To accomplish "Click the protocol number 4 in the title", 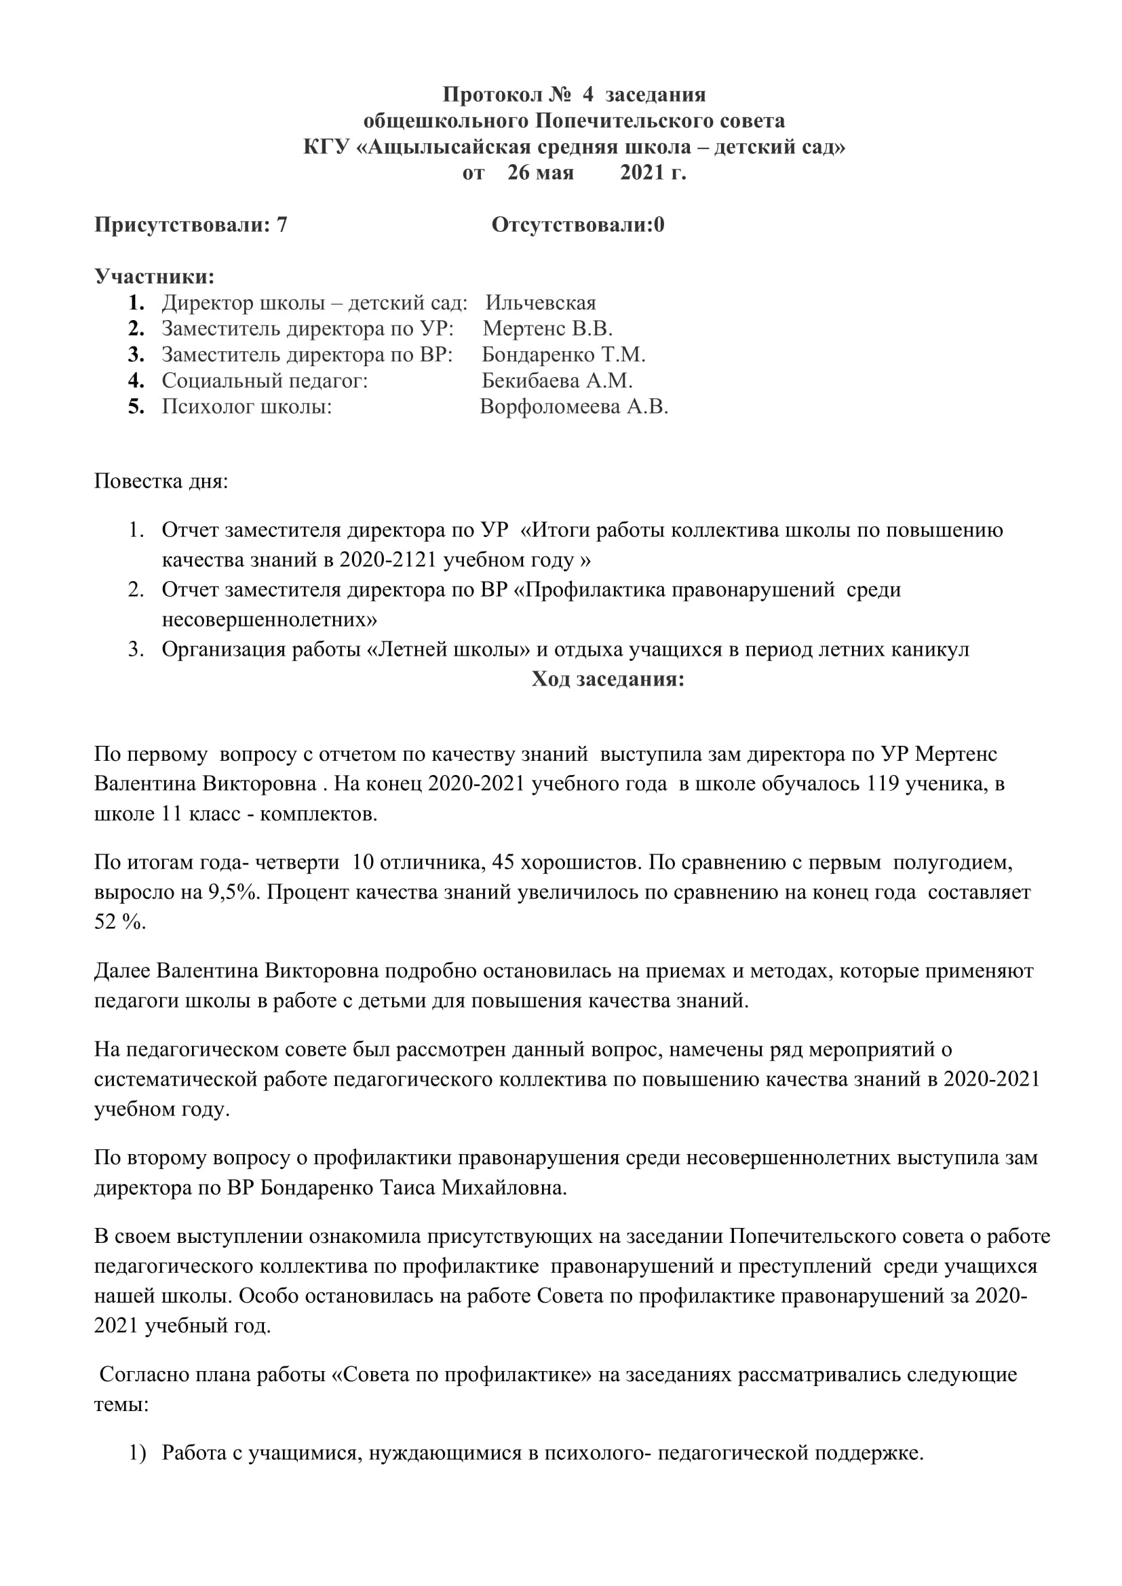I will coord(587,95).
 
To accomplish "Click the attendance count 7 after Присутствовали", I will coord(282,225).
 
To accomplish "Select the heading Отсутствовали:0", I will coord(577,225).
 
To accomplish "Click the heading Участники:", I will coord(154,277).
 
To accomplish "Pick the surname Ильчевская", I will coord(540,303).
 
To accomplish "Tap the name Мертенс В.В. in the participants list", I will coord(547,329).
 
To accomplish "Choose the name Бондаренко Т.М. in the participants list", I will coord(563,355).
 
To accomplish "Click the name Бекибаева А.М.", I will coord(557,380).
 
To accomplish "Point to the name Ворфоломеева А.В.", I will coord(573,407).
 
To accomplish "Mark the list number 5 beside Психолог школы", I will coord(136,407).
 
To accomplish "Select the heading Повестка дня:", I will coord(161,481).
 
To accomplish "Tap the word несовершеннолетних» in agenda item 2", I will coord(269,620).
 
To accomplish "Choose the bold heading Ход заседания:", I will coord(607,679).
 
